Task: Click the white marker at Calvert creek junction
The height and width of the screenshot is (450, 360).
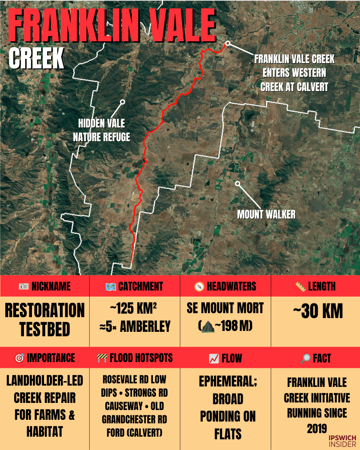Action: click(228, 44)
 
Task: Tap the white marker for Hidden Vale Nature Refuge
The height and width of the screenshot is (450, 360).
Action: click(123, 102)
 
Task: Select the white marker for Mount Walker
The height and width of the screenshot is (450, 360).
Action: click(237, 183)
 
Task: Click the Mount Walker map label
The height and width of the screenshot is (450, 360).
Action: click(266, 215)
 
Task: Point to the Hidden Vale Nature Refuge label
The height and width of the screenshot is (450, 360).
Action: click(101, 130)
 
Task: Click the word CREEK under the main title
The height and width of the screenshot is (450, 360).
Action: click(36, 58)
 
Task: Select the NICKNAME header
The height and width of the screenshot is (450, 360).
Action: click(44, 287)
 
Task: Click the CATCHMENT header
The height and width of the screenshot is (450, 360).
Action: click(134, 287)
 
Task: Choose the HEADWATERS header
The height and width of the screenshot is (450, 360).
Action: click(225, 287)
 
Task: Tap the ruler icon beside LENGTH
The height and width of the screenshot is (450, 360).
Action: click(300, 287)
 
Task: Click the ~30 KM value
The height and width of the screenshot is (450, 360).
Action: click(317, 311)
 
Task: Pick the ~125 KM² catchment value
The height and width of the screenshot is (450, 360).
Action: click(135, 308)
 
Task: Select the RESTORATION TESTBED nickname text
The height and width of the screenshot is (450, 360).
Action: click(44, 319)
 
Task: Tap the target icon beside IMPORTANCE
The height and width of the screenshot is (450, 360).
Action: click(19, 358)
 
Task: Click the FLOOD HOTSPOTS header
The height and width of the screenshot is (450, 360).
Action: click(134, 358)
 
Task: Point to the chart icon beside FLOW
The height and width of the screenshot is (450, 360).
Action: click(213, 358)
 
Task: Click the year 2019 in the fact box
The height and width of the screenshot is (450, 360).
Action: click(317, 429)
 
